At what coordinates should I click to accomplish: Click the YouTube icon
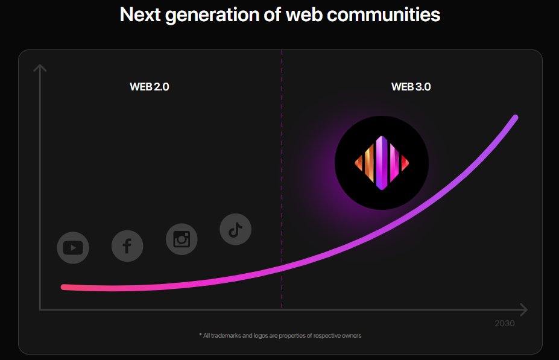point(73,248)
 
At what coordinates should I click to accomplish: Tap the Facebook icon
point(127,246)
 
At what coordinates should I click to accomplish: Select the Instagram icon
point(182,239)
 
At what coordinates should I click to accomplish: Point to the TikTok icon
point(235,229)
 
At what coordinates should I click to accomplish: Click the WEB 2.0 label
point(150,87)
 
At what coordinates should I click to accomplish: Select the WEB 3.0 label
point(411,87)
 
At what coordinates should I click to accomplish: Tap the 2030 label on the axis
point(504,324)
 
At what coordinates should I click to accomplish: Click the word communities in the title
point(384,14)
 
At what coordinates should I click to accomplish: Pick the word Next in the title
point(141,14)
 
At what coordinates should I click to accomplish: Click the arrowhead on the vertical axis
point(40,68)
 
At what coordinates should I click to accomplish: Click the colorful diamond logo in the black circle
point(382,163)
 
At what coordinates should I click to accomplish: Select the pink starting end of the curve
point(64,287)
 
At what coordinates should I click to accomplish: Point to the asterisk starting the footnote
point(200,335)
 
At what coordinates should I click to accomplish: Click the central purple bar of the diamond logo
point(381,163)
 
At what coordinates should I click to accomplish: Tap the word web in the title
point(302,14)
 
